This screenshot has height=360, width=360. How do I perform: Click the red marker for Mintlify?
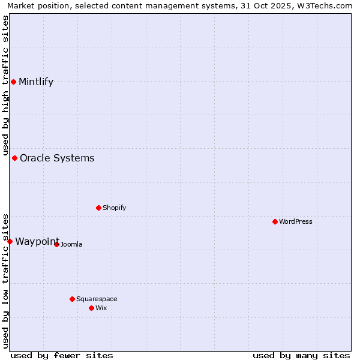click(13, 82)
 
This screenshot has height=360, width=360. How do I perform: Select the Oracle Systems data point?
click(15, 158)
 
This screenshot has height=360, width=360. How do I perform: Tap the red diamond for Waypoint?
click(10, 241)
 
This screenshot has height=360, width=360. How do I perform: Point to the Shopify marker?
click(98, 208)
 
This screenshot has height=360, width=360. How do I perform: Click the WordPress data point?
click(275, 221)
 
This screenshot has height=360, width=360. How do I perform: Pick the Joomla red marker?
click(56, 244)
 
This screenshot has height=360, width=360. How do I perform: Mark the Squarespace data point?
click(72, 299)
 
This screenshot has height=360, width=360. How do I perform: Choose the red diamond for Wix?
click(91, 308)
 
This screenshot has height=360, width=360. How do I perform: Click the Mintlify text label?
click(36, 82)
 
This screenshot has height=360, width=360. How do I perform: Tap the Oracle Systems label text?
click(57, 158)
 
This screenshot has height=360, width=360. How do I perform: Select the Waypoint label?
click(37, 241)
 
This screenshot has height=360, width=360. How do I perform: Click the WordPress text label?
click(296, 221)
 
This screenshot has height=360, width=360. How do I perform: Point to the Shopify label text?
click(115, 208)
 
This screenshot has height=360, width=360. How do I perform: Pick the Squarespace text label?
click(97, 299)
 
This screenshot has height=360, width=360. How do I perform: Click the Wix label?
click(101, 308)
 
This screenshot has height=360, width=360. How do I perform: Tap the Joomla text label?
click(71, 244)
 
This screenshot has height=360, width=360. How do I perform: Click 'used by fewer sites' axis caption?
click(62, 355)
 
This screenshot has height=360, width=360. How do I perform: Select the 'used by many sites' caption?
click(301, 355)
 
